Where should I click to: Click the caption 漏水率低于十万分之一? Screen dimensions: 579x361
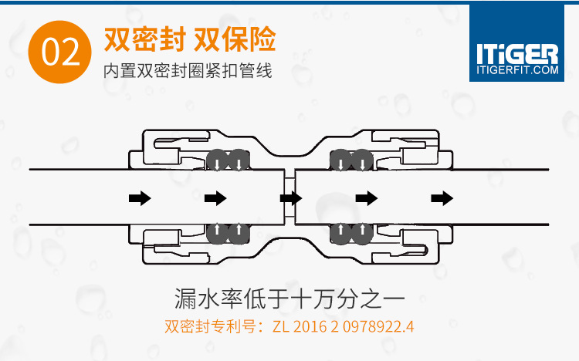pos(289,297)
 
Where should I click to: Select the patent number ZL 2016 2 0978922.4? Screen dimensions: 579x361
pos(344,326)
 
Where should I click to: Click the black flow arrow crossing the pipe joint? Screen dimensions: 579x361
pos(291,198)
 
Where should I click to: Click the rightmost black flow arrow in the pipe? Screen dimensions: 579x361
pos(441,198)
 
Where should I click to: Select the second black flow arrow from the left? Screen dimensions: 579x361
pos(215,198)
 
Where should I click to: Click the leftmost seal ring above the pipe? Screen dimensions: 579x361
pos(218,160)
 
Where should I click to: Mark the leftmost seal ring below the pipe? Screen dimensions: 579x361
pos(218,232)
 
